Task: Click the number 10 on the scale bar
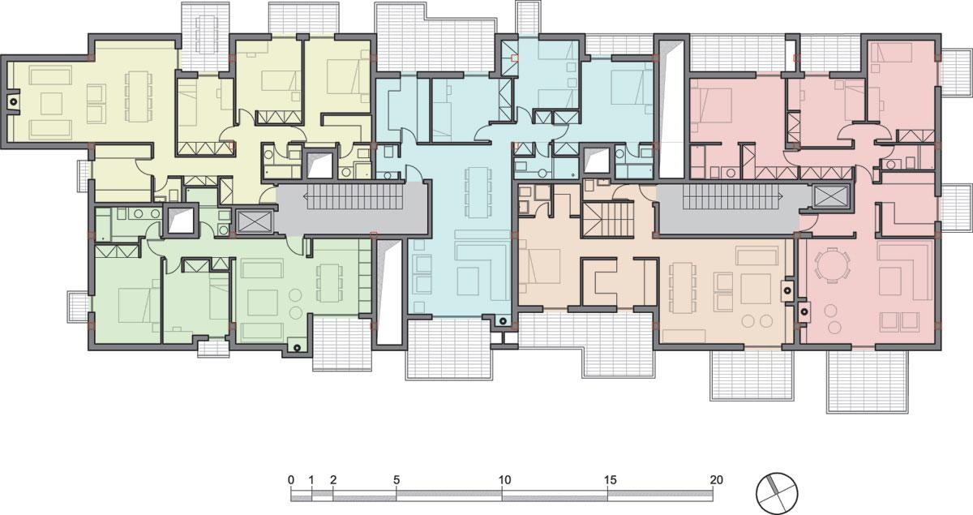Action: [x=504, y=480]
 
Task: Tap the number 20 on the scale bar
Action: [x=716, y=480]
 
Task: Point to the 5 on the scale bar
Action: [x=396, y=480]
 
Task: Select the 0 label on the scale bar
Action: [x=290, y=480]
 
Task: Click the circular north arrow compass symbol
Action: [x=777, y=493]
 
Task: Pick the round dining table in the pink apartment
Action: [x=832, y=265]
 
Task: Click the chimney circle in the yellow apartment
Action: [x=14, y=101]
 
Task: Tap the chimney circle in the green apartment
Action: [x=297, y=347]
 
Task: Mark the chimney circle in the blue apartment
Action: [x=502, y=321]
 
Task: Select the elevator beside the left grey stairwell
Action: [x=255, y=221]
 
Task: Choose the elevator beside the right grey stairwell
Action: [x=831, y=196]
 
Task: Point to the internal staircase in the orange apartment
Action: [x=607, y=220]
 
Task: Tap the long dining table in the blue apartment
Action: [x=478, y=192]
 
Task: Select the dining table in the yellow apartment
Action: [x=138, y=97]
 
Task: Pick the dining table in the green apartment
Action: [x=329, y=282]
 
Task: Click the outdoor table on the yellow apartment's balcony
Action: [x=206, y=34]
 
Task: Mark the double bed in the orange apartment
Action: [x=541, y=266]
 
